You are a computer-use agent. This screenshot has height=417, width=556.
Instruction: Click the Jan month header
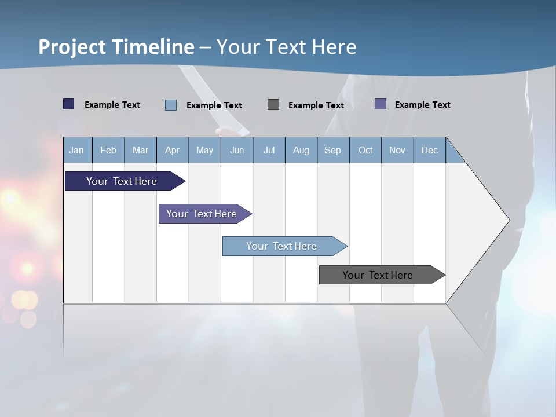click(77, 150)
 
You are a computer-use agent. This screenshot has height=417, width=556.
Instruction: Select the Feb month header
click(108, 150)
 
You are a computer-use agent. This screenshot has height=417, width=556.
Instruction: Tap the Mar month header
click(140, 150)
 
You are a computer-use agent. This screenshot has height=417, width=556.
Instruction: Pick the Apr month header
click(173, 150)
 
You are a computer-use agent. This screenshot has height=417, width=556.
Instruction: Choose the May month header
click(204, 150)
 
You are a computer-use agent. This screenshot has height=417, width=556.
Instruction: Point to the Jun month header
click(237, 150)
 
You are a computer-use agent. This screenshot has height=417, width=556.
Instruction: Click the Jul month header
click(269, 150)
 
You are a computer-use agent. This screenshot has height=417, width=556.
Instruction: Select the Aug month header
click(301, 150)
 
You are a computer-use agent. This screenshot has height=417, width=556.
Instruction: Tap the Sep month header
click(333, 150)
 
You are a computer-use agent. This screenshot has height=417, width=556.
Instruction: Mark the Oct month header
click(365, 150)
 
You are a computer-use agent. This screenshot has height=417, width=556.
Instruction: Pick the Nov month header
click(397, 150)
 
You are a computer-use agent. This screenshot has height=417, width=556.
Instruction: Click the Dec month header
click(430, 150)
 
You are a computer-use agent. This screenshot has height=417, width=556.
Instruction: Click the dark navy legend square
click(69, 104)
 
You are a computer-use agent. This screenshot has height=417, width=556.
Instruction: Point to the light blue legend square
click(171, 105)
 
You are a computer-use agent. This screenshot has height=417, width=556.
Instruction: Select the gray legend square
click(273, 105)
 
